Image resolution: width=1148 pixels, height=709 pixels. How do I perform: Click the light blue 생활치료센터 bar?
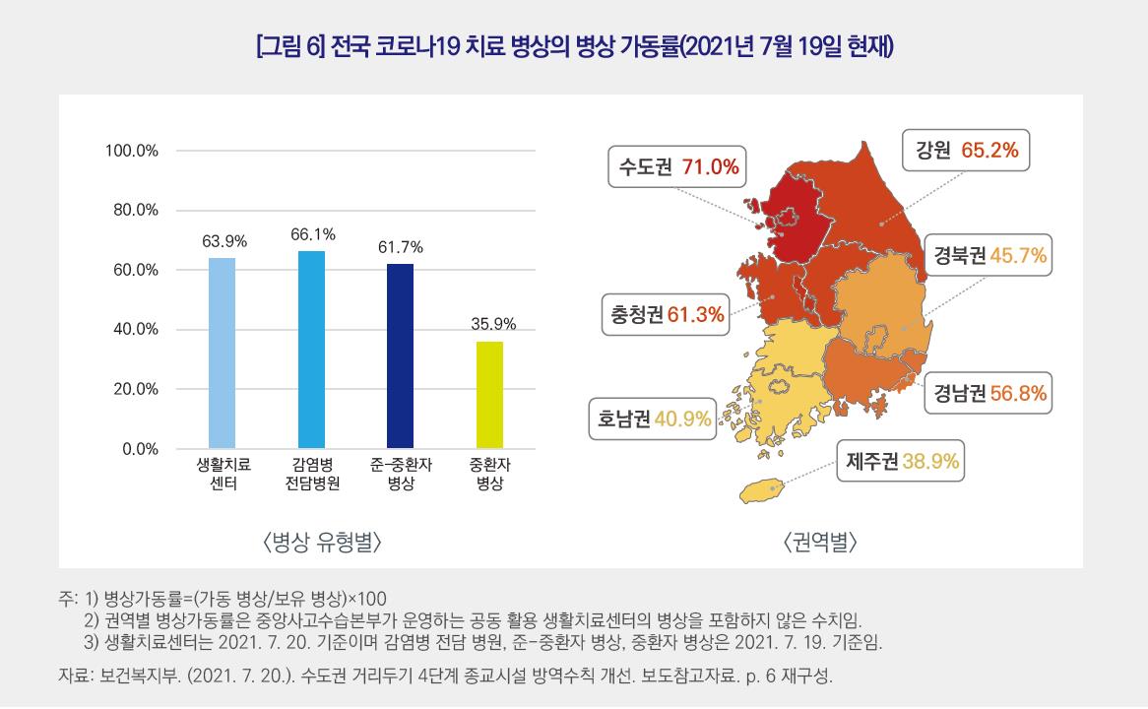tap(222, 353)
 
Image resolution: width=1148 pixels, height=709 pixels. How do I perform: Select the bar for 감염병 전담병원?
tap(311, 350)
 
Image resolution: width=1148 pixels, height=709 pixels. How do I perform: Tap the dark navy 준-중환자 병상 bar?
tap(400, 355)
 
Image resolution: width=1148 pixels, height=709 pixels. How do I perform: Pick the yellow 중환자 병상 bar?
tap(489, 394)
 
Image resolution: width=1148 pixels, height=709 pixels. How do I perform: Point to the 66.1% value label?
tap(312, 234)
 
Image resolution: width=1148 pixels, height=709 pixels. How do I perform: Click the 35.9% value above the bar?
tap(489, 324)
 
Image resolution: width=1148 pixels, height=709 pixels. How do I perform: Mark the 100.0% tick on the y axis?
tap(132, 152)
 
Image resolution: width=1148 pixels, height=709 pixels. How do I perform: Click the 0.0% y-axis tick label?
tap(140, 449)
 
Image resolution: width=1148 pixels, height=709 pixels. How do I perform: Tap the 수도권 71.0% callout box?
tap(678, 166)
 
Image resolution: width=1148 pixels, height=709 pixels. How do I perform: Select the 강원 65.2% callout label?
tap(967, 151)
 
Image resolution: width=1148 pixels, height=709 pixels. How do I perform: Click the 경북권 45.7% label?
tap(990, 257)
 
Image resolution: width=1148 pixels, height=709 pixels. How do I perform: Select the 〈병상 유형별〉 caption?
tap(322, 541)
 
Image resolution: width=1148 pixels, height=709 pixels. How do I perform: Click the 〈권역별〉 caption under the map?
tap(820, 541)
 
